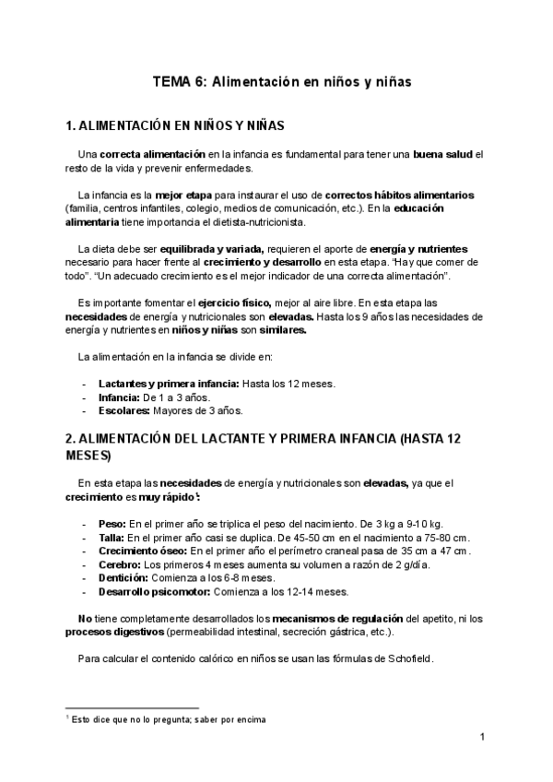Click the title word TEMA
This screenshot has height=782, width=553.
pos(171,82)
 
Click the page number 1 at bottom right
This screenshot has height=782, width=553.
pos(482,738)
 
